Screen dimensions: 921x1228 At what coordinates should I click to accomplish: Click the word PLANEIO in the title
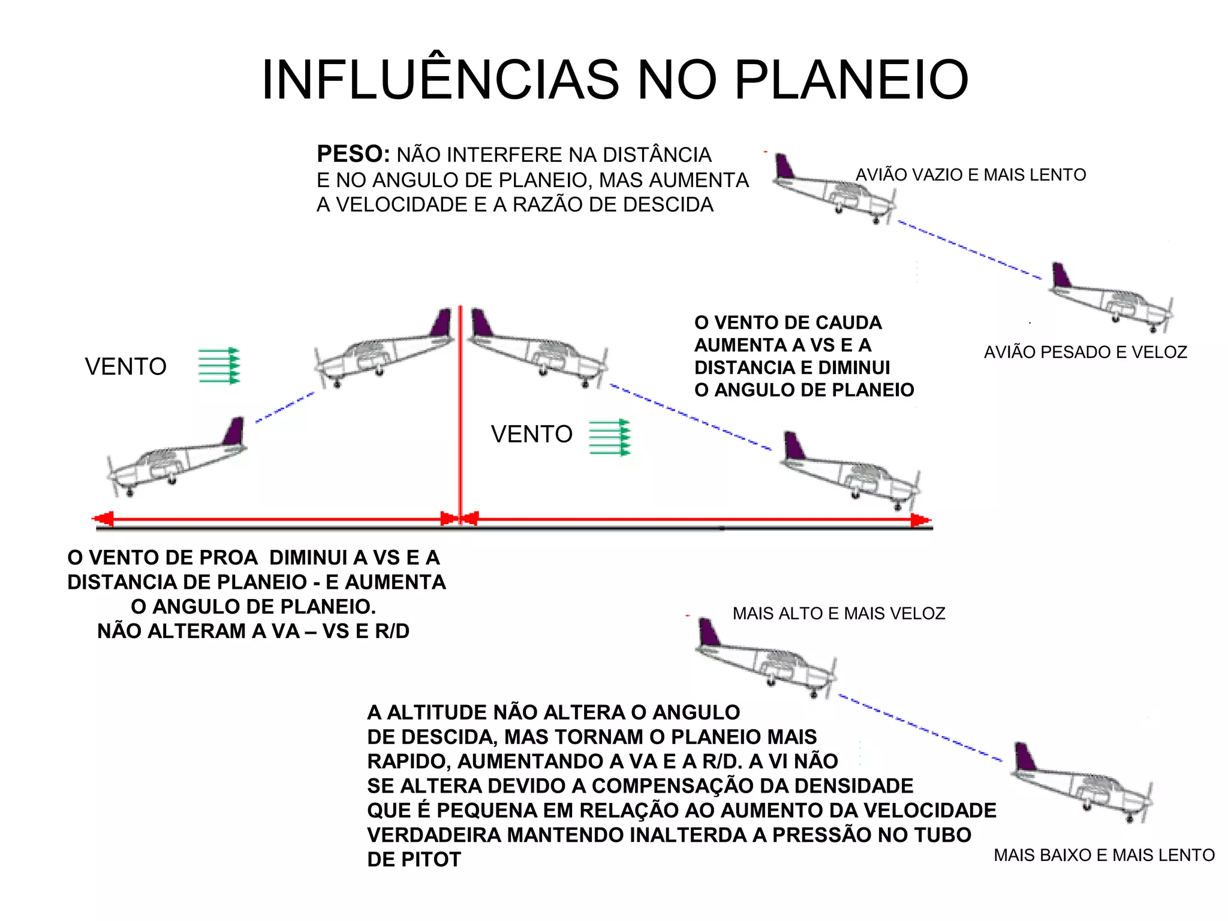(x=851, y=80)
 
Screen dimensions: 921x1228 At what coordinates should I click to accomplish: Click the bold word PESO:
(x=353, y=154)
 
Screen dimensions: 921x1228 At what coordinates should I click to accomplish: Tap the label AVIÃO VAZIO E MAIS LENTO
(x=970, y=174)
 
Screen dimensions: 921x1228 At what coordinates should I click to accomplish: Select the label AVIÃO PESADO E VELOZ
(x=1085, y=352)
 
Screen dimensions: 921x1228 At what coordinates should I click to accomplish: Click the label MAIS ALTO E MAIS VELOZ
(x=838, y=613)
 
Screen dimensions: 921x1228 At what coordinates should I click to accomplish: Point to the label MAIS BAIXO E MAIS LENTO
(x=1104, y=855)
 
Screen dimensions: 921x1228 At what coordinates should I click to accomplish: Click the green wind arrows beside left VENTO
(x=219, y=365)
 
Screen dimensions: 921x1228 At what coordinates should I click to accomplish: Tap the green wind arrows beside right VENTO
(x=610, y=437)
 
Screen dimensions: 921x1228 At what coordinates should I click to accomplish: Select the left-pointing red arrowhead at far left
(x=103, y=519)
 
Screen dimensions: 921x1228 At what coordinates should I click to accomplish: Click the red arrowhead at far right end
(x=920, y=520)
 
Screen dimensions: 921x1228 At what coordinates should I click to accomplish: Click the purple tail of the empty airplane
(x=783, y=167)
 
